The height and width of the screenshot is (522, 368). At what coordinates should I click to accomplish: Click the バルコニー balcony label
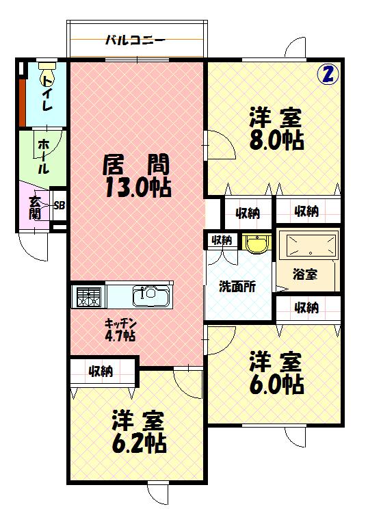(135, 40)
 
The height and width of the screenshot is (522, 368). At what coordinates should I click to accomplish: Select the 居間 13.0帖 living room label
(137, 176)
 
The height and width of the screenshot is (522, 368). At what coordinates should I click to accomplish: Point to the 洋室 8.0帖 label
(275, 128)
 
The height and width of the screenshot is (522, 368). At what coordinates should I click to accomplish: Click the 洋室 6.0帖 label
(275, 373)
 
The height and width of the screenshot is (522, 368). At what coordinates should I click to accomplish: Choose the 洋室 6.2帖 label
(138, 431)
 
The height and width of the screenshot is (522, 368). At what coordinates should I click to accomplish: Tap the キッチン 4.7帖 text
(120, 330)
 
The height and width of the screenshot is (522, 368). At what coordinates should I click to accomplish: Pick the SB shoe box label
(59, 205)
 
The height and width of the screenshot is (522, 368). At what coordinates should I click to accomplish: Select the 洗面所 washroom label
(237, 287)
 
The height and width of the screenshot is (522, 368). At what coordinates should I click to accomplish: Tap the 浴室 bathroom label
(305, 274)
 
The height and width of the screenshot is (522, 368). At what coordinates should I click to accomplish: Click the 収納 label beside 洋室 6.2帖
(101, 371)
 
